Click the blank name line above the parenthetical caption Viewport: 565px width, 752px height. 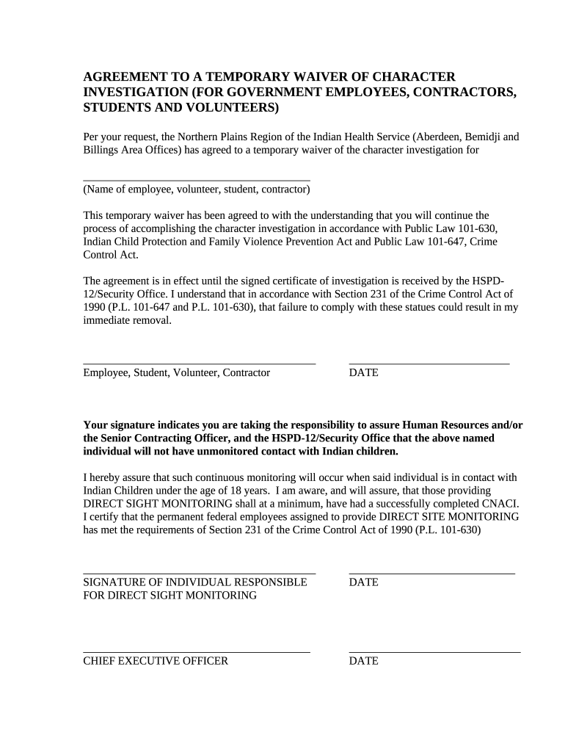tap(196, 179)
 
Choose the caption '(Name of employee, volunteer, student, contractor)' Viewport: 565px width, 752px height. tap(196, 189)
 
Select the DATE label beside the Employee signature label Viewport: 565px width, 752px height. tap(363, 373)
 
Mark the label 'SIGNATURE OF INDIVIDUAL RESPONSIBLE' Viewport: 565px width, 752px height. tap(194, 582)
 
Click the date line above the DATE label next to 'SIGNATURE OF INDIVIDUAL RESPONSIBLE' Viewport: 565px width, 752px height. tap(431, 572)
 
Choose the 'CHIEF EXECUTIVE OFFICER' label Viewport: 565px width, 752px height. tap(156, 661)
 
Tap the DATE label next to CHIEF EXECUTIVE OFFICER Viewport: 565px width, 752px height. tap(363, 661)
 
